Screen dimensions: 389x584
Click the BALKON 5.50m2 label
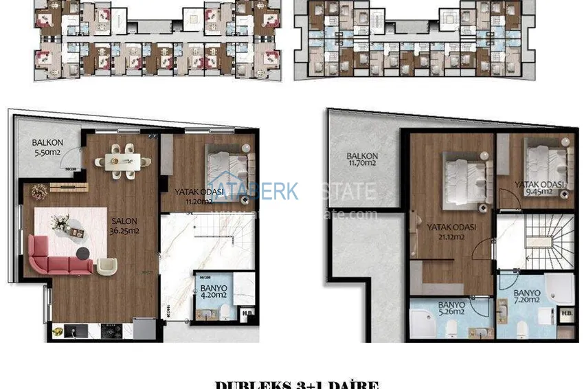pos(47,148)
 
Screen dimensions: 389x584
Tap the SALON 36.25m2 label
pos(124,226)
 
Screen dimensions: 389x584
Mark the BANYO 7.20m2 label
pos(526,298)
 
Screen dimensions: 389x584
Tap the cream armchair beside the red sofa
pos(107,267)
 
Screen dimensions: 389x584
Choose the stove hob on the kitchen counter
pos(111,331)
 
